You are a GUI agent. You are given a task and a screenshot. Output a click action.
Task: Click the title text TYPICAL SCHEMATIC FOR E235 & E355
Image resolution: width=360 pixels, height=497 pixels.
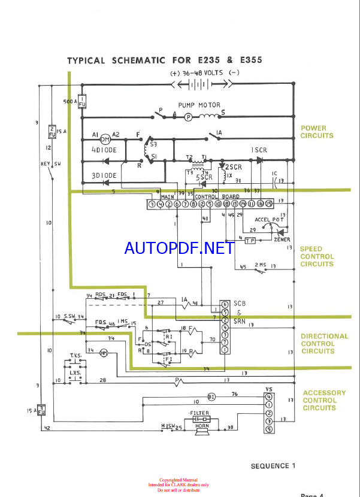tap(164, 60)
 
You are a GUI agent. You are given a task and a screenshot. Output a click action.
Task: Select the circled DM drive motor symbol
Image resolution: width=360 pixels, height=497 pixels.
tap(105, 139)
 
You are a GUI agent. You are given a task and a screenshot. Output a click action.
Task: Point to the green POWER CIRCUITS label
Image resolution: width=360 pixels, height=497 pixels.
tap(317, 132)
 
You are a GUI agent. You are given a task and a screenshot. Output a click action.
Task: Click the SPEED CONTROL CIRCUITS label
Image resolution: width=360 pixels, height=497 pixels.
tap(317, 256)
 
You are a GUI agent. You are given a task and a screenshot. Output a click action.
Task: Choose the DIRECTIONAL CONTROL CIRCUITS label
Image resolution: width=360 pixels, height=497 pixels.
tap(324, 344)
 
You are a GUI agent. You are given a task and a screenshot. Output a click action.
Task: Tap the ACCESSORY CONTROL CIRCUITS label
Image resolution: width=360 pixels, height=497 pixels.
tap(324, 401)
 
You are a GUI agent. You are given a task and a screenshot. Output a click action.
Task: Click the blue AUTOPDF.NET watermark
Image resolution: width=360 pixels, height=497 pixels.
tap(179, 248)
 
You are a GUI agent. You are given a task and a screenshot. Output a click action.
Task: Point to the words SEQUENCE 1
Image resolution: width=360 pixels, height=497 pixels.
tap(273, 465)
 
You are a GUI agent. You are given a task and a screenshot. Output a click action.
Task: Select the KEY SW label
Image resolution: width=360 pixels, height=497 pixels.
tap(50, 163)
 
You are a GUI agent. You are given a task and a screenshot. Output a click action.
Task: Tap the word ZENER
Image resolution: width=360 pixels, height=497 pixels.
tap(282, 239)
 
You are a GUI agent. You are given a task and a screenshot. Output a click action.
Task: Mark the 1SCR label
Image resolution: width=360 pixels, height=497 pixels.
tap(258, 149)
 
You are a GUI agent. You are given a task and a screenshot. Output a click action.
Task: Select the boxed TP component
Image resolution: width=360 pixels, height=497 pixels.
tap(250, 240)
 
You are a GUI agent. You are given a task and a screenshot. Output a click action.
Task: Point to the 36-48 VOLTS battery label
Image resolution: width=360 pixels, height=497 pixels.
tap(205, 74)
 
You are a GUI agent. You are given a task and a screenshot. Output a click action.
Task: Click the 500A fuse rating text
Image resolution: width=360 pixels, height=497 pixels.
tap(70, 102)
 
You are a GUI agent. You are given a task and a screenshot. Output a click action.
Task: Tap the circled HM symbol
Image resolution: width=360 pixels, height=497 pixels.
tap(103, 354)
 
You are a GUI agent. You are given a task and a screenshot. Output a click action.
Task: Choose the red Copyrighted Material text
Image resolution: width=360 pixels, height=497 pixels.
tap(179, 480)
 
